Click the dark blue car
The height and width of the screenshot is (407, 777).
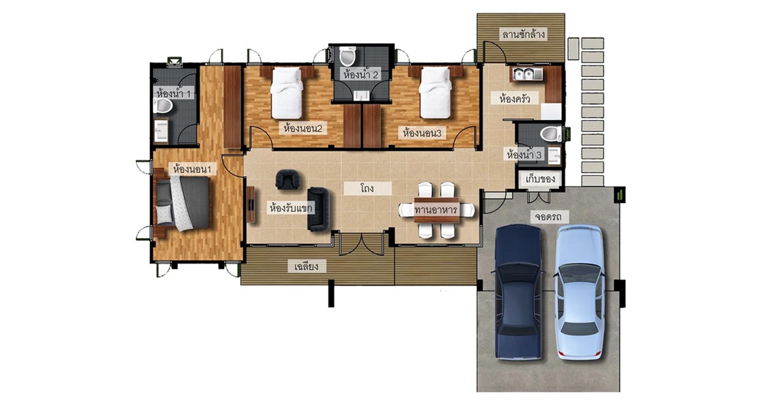click(518, 292)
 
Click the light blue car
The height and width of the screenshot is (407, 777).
click(579, 292)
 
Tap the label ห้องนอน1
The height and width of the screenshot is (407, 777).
click(192, 170)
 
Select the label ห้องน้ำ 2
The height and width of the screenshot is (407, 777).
click(361, 75)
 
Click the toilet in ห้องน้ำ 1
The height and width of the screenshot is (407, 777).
click(163, 106)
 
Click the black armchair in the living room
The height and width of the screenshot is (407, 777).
click(287, 179)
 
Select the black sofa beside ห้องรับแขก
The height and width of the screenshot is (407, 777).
click(318, 209)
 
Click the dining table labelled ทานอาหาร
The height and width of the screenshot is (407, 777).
click(437, 210)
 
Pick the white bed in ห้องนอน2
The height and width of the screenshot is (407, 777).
click(286, 93)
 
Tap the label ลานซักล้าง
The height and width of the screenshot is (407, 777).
click(523, 35)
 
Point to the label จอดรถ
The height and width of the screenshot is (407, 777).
click(547, 217)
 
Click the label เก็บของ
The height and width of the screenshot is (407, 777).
click(540, 179)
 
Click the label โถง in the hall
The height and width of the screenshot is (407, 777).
click(367, 189)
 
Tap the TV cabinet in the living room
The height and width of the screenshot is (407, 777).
click(251, 204)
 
